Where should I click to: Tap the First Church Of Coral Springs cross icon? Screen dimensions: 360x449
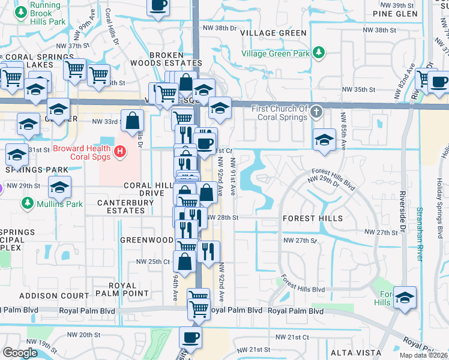(318, 112)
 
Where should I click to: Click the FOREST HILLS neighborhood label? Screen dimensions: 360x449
(313, 218)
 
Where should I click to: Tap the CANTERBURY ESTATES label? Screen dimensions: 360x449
(125, 207)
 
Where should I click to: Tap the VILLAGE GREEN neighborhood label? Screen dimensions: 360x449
(273, 33)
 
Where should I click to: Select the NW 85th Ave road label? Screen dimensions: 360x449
(343, 133)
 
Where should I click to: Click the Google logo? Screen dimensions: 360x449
(20, 353)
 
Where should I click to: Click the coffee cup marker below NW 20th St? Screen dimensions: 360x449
(191, 337)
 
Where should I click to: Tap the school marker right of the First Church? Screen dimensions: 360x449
(324, 140)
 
